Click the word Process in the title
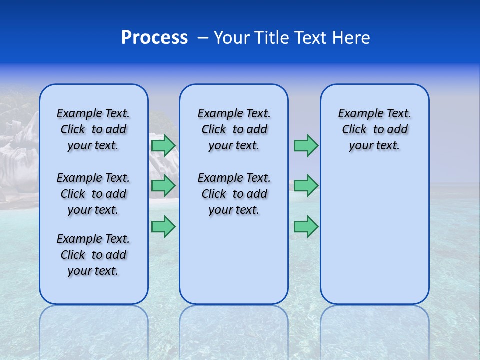click(x=154, y=38)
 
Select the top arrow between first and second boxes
click(x=163, y=145)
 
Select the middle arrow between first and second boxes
click(x=163, y=186)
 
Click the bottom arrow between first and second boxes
click(x=163, y=226)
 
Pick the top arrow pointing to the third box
click(x=306, y=145)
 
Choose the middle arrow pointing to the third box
click(x=306, y=186)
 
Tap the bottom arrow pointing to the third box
click(x=306, y=226)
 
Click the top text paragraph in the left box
click(x=93, y=129)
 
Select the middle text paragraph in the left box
click(x=93, y=194)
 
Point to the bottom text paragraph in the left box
click(x=93, y=255)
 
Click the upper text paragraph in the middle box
click(x=234, y=129)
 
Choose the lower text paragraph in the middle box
click(x=234, y=194)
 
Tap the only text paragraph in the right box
click(x=374, y=129)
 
